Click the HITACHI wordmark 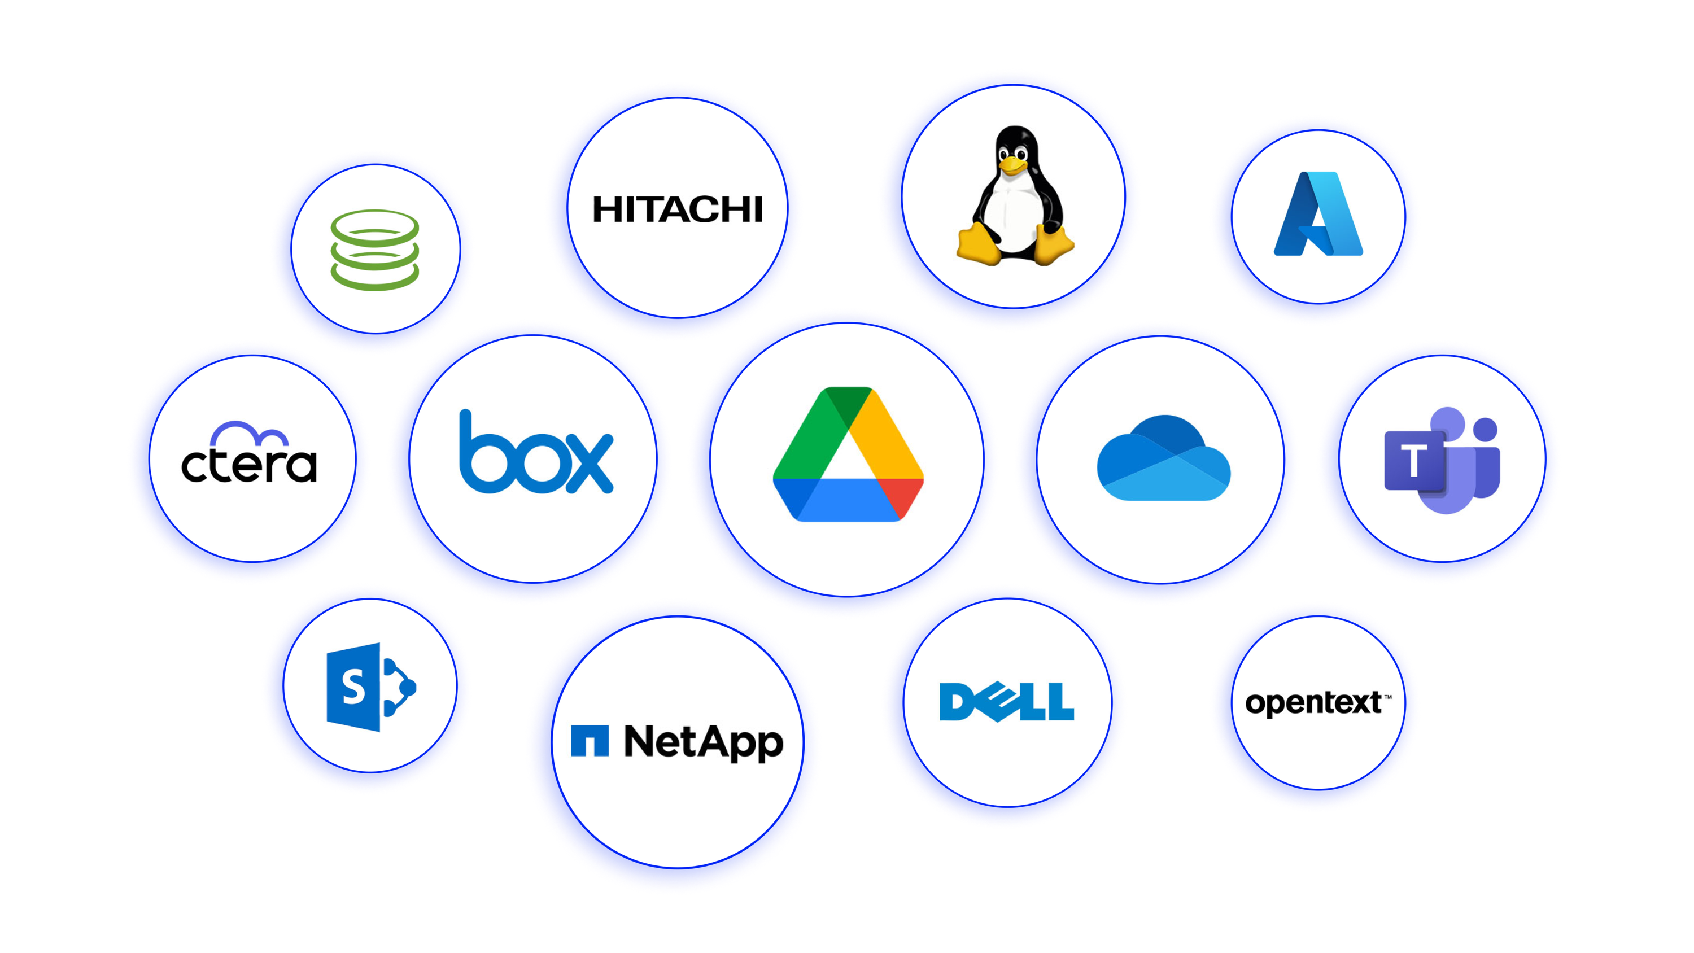pos(678,209)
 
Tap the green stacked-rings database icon pos(375,250)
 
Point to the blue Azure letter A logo pos(1318,214)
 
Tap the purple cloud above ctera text pos(249,434)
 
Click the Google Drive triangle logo pos(848,454)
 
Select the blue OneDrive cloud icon pos(1163,458)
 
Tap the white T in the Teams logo pos(1413,460)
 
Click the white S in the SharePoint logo pos(354,687)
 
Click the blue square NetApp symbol pos(590,741)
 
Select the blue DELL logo pos(1007,702)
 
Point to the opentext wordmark pos(1313,703)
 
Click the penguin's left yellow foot pos(980,244)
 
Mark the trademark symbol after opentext pos(1387,697)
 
